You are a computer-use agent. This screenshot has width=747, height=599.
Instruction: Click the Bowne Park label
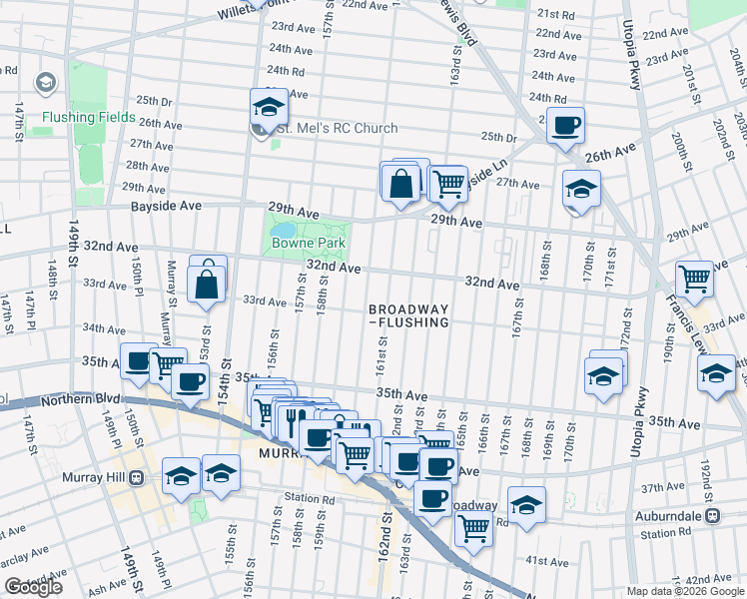tap(312, 243)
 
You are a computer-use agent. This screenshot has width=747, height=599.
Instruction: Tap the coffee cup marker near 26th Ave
tap(566, 126)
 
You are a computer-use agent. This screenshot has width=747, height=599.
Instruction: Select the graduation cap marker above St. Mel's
tap(268, 105)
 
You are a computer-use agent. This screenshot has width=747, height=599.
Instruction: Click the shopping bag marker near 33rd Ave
tap(206, 283)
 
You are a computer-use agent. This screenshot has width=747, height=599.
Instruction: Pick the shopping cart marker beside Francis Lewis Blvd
tap(694, 278)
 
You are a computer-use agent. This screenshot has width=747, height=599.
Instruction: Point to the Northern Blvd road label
tap(79, 401)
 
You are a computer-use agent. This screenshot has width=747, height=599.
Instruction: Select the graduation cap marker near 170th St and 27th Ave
tap(581, 188)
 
